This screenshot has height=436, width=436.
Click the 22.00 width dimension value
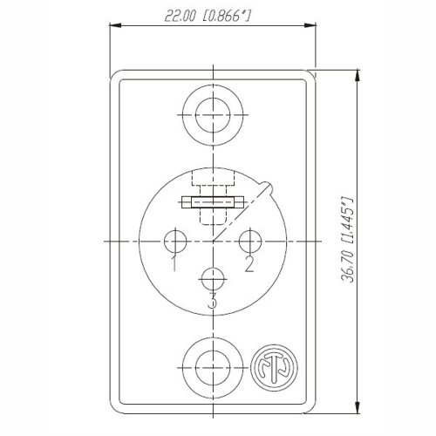pyautogui.click(x=180, y=16)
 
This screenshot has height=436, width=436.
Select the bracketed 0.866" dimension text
pyautogui.click(x=226, y=16)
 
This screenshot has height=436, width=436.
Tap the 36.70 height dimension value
pyautogui.click(x=348, y=267)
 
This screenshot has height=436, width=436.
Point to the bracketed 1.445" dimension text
pyautogui.click(x=348, y=221)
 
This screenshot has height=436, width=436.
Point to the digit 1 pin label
pyautogui.click(x=174, y=263)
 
